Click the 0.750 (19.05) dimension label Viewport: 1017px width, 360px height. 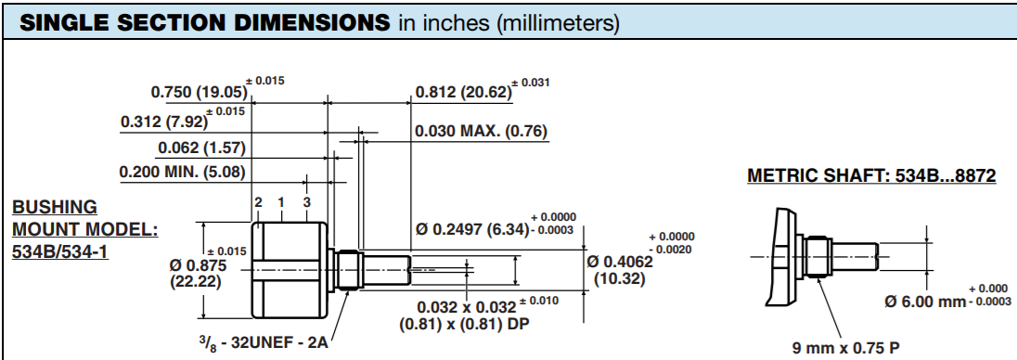pyautogui.click(x=200, y=92)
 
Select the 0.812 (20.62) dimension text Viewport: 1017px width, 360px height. pyautogui.click(x=464, y=92)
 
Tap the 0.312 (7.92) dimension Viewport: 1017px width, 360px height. pyautogui.click(x=164, y=122)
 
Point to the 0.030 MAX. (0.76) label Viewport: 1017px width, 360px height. pyautogui.click(x=482, y=132)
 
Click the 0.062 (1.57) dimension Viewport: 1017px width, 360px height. pyautogui.click(x=201, y=148)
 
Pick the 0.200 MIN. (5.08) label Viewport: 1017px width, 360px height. pyautogui.click(x=183, y=173)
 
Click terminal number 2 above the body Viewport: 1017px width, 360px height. pyautogui.click(x=258, y=202)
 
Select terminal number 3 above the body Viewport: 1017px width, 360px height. pyautogui.click(x=307, y=202)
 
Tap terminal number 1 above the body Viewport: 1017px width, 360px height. pyautogui.click(x=281, y=202)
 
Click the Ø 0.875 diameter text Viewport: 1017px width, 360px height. pyautogui.click(x=198, y=265)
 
